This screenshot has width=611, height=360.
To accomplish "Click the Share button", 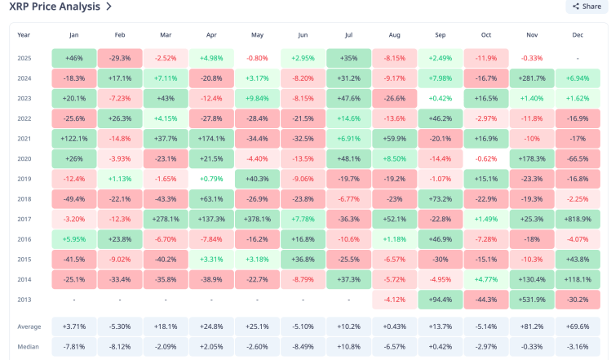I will click(587, 7).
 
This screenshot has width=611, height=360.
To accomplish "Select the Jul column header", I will click(348, 35).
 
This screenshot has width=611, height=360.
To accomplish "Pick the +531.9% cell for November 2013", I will click(532, 299).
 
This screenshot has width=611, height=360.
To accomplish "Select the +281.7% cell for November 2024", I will click(532, 78).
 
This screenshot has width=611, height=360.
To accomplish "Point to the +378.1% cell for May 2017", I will click(257, 219).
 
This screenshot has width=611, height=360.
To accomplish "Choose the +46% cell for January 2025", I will click(73, 59).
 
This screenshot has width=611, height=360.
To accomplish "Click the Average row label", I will click(29, 327).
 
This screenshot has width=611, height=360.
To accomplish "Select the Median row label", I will click(28, 346).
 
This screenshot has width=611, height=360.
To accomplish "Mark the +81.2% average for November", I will click(532, 327).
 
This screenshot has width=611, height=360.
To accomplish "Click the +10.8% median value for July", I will click(348, 346).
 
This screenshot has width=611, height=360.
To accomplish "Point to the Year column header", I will click(24, 35).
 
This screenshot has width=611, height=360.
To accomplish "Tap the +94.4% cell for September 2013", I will click(441, 299).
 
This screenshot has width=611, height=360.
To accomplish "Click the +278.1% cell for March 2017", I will click(166, 219).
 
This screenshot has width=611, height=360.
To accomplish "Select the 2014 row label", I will click(24, 278).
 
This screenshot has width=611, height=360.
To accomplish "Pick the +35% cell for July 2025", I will click(348, 59).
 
